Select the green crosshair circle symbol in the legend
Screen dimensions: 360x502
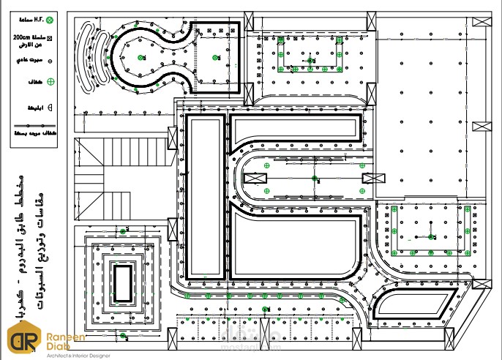[51, 83]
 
